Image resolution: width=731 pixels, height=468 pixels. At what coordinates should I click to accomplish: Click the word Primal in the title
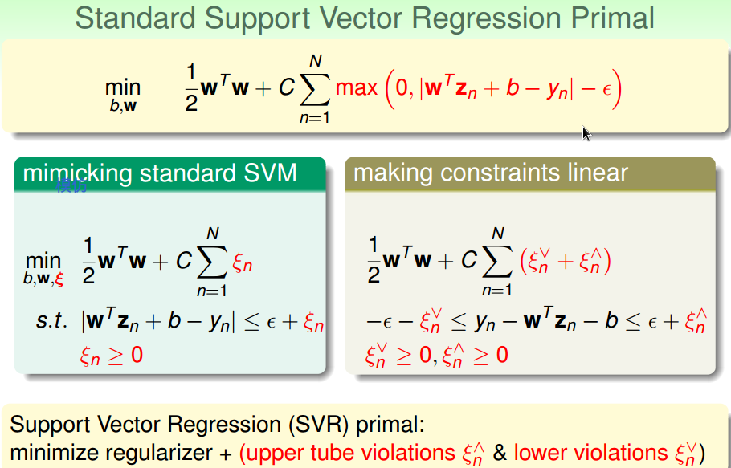(x=606, y=18)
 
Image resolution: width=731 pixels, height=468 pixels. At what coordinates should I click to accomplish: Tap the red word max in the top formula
(x=356, y=87)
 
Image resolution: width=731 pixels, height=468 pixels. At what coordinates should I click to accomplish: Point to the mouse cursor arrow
(x=586, y=133)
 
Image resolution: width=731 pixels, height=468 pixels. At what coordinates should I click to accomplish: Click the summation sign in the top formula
(x=315, y=89)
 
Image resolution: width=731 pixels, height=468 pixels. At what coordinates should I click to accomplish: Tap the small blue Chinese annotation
(x=71, y=187)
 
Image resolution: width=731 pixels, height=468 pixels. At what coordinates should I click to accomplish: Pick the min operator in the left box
(x=43, y=261)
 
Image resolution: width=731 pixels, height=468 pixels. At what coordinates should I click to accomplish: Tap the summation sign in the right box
(x=497, y=262)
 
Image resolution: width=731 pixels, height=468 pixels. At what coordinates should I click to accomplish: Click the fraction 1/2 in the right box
(x=373, y=262)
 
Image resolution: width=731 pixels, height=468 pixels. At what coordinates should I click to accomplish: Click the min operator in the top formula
(x=122, y=87)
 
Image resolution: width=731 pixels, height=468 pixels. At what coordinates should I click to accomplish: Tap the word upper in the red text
(x=275, y=453)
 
